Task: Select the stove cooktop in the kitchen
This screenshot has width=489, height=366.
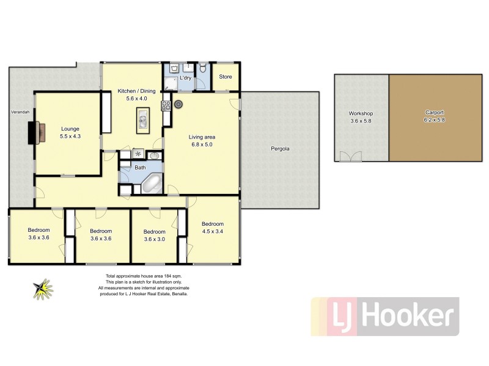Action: [165, 106]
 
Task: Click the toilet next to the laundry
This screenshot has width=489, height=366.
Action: [202, 68]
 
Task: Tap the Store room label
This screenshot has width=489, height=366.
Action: [226, 77]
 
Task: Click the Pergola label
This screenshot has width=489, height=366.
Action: [280, 149]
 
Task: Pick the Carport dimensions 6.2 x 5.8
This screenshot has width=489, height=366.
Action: [435, 120]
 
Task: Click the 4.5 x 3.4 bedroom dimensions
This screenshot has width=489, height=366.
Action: [213, 231]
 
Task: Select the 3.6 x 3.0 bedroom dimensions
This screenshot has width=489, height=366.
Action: [154, 239]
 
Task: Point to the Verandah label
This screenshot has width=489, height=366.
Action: [20, 112]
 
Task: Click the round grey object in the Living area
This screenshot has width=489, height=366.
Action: [178, 104]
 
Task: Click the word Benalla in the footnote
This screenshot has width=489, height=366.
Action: [178, 293]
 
